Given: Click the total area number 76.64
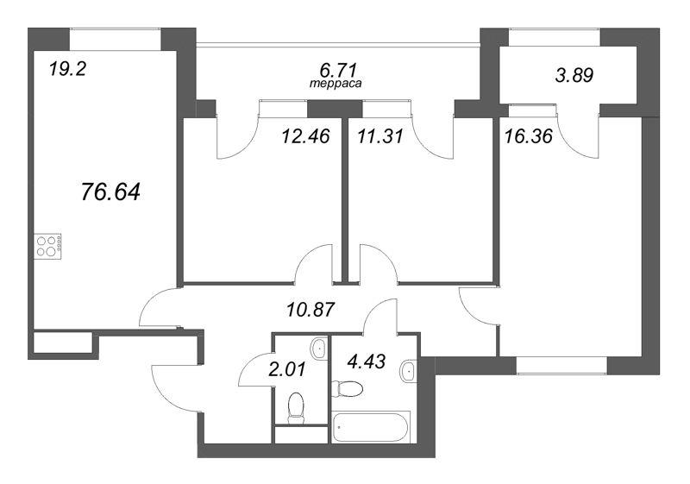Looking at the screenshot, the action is coord(111,192).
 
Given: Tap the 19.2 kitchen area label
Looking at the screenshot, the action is coord(67,69).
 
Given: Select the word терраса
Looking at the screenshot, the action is coord(336,84).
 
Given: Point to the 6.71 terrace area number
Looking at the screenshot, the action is coord(337,70).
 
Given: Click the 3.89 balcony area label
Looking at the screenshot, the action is coord(574,75).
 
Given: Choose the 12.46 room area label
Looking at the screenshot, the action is coord(305,136).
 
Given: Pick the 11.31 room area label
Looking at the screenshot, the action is coord(380,136).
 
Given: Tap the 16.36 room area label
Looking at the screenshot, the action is coord(528,136).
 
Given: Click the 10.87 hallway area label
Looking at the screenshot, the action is coord(310,311).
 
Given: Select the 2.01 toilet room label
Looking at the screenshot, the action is coord(286,369).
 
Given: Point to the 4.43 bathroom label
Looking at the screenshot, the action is coord(366,361).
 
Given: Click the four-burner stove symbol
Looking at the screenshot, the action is coord(47,247).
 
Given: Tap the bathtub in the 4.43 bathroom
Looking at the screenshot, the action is coord(371,427).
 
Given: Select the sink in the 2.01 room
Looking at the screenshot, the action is coord(318,349).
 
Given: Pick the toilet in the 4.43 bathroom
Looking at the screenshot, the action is coord(348,389).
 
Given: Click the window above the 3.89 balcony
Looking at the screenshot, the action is coord(555,37).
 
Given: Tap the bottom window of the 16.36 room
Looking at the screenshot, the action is coord(561,366).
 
